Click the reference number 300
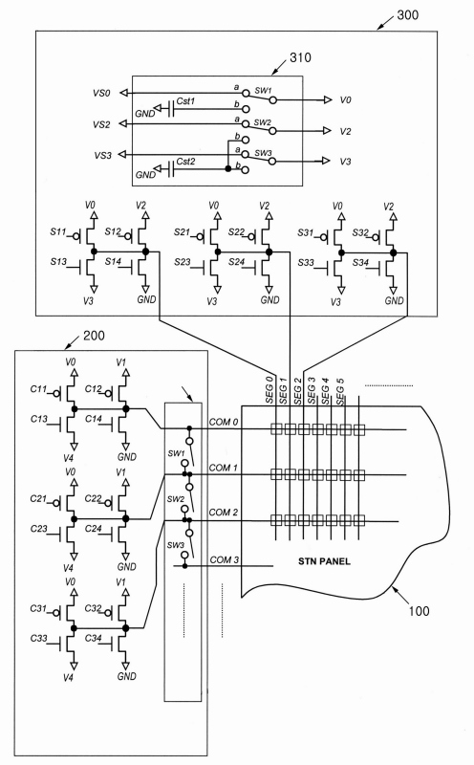coord(407,15)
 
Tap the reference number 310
coord(300,57)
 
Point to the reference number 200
coord(94,336)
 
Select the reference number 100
coord(419,611)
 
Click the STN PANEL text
coord(324,561)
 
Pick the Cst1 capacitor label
coord(185,101)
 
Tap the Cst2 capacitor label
coord(185,162)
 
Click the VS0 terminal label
coord(101,93)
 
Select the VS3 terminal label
coord(102,156)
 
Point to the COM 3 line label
coord(225,559)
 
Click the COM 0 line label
coord(224,422)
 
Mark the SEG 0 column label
coord(269,390)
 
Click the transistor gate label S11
coord(57,231)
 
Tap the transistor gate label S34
coord(360,262)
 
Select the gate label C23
coord(38,529)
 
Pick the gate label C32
coord(93,608)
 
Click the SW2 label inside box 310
coord(263,122)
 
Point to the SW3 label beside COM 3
coord(176,545)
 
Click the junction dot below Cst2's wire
coord(227,169)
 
